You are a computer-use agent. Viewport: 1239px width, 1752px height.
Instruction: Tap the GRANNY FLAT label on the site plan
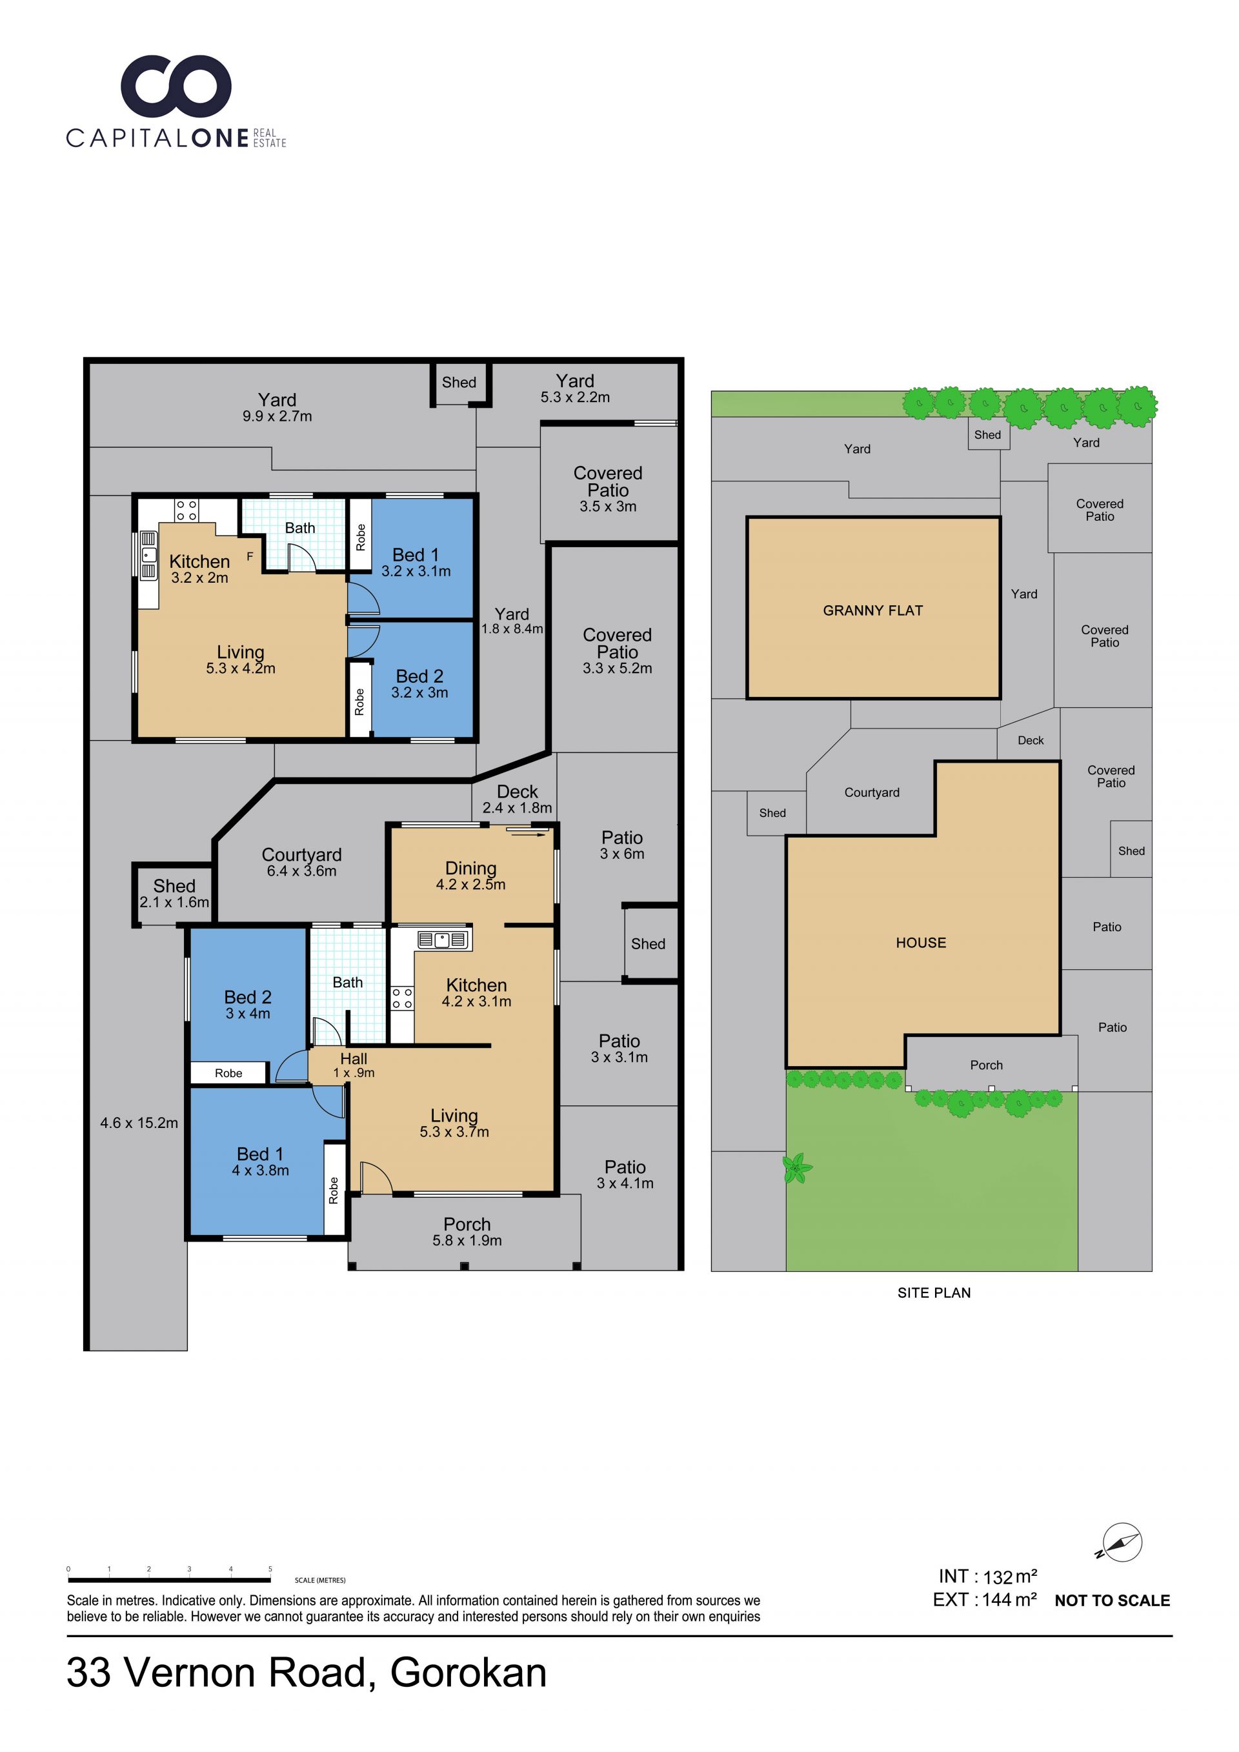tap(873, 610)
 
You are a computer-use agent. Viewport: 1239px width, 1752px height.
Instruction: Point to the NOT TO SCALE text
tap(1113, 1600)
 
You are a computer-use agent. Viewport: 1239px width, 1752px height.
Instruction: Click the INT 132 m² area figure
tap(987, 1576)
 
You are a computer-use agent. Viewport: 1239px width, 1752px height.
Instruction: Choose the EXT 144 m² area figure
tap(984, 1600)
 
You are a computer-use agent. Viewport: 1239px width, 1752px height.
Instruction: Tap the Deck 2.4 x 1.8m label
tap(518, 799)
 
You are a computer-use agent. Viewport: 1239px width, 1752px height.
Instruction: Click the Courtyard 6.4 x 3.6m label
tap(301, 862)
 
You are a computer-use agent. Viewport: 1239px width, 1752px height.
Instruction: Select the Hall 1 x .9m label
tap(353, 1065)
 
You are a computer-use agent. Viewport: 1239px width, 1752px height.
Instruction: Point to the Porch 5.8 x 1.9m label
tap(467, 1232)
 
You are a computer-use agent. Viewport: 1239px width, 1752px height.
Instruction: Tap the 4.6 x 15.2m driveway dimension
tap(139, 1122)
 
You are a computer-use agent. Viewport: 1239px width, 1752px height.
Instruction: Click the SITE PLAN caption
tap(934, 1293)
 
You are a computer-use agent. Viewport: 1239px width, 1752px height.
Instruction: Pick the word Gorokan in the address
tap(468, 1673)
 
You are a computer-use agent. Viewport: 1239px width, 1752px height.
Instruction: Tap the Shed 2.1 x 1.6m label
tap(174, 894)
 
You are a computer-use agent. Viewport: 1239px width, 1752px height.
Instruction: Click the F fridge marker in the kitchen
tap(250, 557)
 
